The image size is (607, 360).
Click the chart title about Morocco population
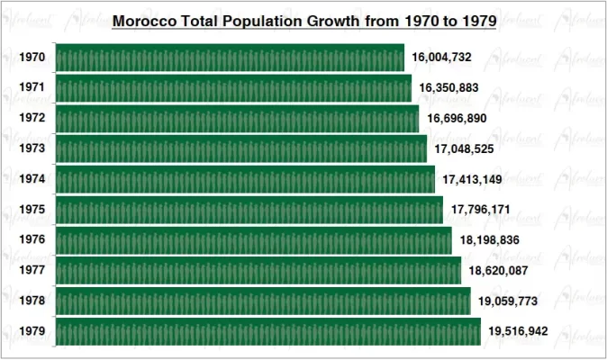(303, 21)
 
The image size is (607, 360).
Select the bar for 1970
(230, 58)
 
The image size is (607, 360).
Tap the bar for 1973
(241, 148)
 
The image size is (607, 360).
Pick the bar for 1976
(254, 240)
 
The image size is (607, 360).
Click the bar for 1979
(268, 331)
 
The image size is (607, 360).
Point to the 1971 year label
(32, 88)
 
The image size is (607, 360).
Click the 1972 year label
(32, 119)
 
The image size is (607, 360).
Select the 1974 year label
(32, 179)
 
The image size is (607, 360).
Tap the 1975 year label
(32, 210)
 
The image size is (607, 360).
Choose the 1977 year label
(32, 270)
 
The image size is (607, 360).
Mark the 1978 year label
(32, 301)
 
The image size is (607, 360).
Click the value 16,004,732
(441, 58)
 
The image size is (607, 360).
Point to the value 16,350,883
(449, 88)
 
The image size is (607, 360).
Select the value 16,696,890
(457, 119)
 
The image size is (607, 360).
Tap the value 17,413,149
(473, 179)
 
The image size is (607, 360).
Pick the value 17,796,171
(481, 210)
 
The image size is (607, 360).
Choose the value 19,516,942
(519, 331)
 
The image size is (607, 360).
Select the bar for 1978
(263, 301)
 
